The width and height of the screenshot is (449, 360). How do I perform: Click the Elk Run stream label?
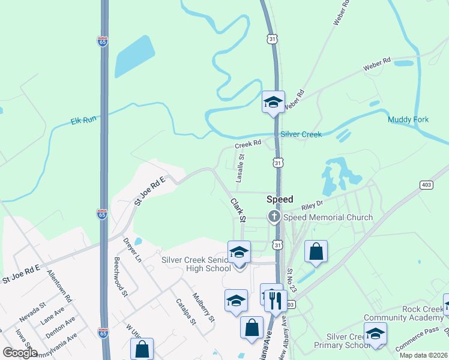point(83,121)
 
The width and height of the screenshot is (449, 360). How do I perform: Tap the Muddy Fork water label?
point(408,119)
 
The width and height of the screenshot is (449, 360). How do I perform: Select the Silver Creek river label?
point(301,134)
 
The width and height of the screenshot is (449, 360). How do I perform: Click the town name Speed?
point(280,199)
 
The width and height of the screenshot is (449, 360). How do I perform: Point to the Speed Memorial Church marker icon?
point(274,217)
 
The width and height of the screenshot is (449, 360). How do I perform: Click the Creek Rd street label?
point(248,144)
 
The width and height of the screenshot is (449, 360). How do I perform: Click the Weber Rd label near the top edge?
point(341,13)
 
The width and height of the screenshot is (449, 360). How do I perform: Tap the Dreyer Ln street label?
point(132,250)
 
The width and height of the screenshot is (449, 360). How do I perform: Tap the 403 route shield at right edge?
point(427,184)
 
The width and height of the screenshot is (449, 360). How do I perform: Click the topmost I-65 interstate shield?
point(103,41)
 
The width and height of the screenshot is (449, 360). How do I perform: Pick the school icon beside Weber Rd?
point(273,102)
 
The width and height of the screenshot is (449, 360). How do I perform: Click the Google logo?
point(20,353)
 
